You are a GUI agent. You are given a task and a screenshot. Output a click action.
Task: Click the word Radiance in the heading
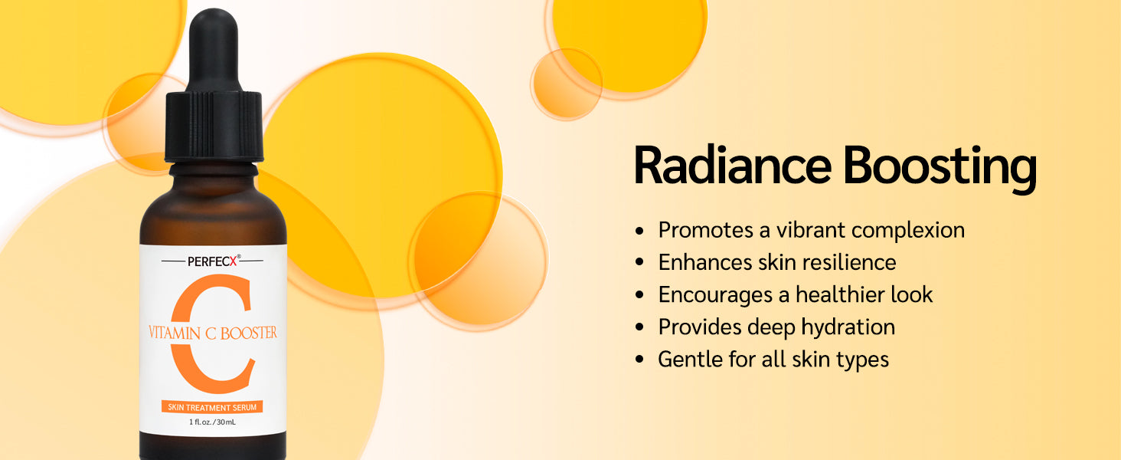(x=733, y=166)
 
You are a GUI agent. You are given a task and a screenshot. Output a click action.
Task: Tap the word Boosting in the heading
(x=940, y=169)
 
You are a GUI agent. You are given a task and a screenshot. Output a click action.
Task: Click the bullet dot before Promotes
(x=639, y=231)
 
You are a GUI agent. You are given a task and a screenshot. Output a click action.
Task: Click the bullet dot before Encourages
(x=639, y=295)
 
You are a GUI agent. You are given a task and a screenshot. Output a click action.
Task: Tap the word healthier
(x=840, y=294)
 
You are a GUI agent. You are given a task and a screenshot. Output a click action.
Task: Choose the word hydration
(x=848, y=327)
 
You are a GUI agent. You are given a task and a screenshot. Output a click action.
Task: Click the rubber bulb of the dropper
(x=213, y=49)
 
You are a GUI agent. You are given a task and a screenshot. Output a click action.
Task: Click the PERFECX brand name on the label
(x=211, y=261)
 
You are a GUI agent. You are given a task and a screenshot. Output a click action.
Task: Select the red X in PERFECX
(x=233, y=261)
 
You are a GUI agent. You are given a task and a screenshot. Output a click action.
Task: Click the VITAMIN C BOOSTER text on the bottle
(x=213, y=333)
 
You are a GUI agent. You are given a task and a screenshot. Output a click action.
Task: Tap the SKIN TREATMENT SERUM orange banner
(x=212, y=407)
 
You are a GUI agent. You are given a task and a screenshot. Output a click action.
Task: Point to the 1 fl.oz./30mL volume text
(x=212, y=422)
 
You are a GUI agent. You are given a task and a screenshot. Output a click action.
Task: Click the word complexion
(x=908, y=231)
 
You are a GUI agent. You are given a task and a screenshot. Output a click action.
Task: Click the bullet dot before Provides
(x=639, y=327)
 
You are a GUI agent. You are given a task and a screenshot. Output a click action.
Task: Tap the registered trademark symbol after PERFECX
(x=239, y=257)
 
